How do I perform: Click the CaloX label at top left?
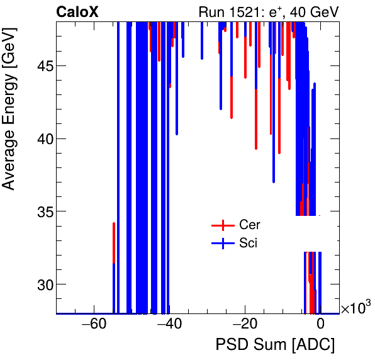pyautogui.click(x=77, y=11)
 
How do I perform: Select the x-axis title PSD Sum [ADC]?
pyautogui.click(x=275, y=345)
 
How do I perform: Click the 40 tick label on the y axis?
pyautogui.click(x=41, y=138)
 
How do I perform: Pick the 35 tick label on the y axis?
pyautogui.click(x=41, y=211)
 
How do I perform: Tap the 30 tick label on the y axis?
pyautogui.click(x=41, y=284)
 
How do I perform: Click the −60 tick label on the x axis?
pyautogui.click(x=93, y=324)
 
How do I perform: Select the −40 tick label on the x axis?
pyautogui.click(x=169, y=324)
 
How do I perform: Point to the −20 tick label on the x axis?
pyautogui.click(x=244, y=324)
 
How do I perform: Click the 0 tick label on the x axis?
pyautogui.click(x=320, y=324)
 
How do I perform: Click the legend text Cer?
pyautogui.click(x=249, y=225)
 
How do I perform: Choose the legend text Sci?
pyautogui.click(x=248, y=244)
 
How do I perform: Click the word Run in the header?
pyautogui.click(x=211, y=11)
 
